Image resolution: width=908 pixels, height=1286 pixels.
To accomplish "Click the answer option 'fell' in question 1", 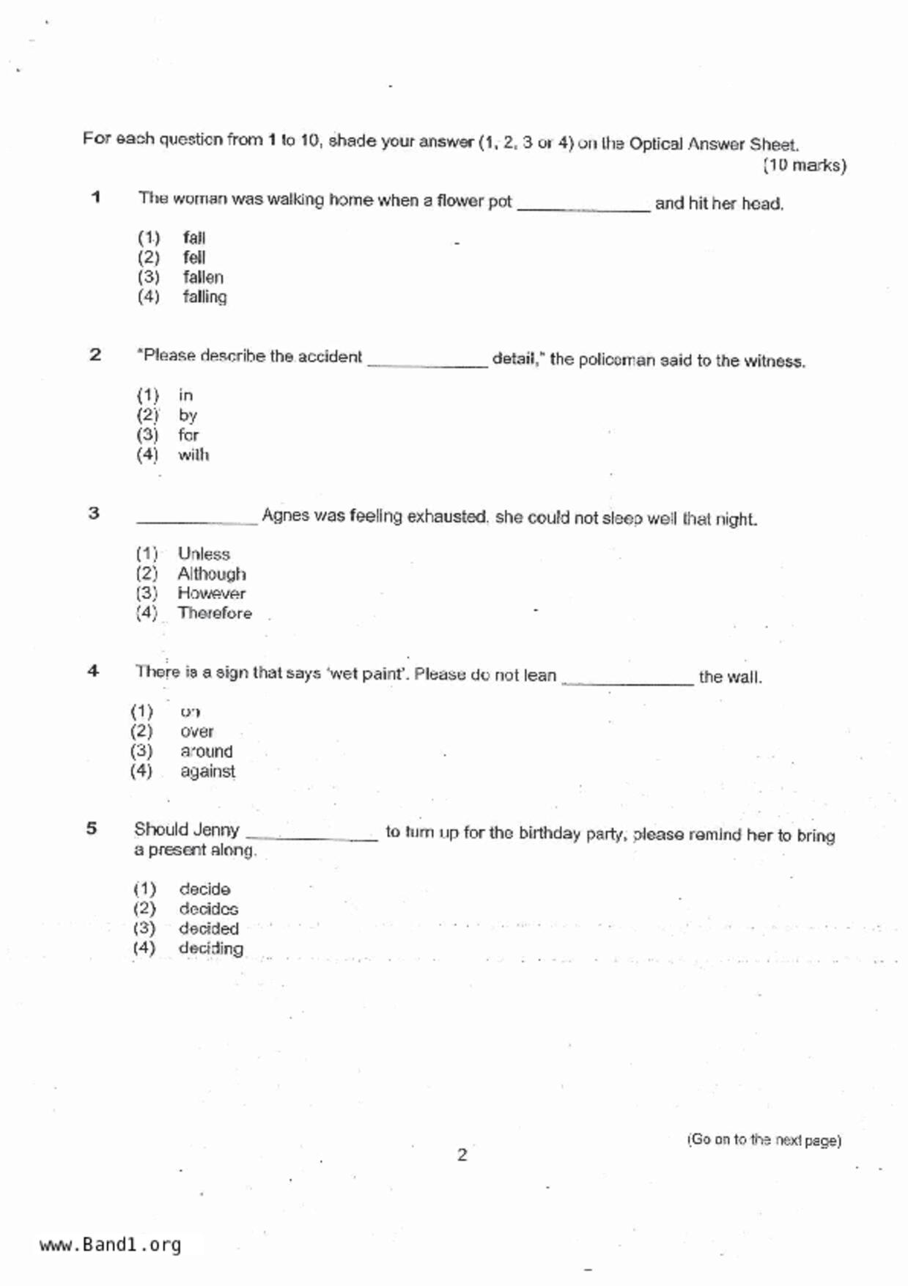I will click(x=194, y=257).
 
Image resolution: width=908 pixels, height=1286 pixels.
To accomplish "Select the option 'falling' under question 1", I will click(x=204, y=297).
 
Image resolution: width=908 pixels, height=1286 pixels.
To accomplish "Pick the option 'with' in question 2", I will click(x=193, y=455).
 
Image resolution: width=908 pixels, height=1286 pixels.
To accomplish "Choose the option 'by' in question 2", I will click(x=188, y=415).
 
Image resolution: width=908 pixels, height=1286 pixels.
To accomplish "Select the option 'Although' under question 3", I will click(x=211, y=573).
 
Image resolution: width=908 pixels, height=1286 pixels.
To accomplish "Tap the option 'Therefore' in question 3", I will click(x=214, y=613).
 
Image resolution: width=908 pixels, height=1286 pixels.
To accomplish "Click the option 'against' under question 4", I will click(x=207, y=771).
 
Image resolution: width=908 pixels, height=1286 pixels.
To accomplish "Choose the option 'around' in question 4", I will click(x=206, y=752).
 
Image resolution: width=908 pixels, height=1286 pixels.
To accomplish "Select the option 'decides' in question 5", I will click(x=208, y=909).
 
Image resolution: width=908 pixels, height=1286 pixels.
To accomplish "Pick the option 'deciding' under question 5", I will click(x=211, y=949).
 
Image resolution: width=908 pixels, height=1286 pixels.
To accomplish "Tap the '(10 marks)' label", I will click(x=804, y=165).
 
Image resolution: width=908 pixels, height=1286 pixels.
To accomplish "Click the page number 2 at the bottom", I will click(x=462, y=1155).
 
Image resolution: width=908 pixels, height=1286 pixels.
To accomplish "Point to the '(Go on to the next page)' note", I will click(x=764, y=1140).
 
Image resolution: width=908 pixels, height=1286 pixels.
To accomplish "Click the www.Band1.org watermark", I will click(x=111, y=1245).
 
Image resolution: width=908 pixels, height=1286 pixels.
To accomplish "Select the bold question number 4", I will click(x=93, y=671).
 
